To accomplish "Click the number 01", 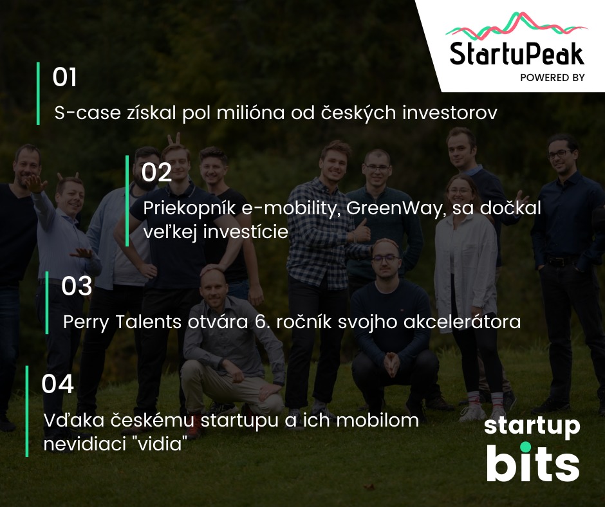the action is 64,77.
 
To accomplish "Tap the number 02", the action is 156,172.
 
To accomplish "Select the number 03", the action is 77,286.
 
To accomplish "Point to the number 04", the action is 57,384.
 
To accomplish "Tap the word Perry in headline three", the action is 86,322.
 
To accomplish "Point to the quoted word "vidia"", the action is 160,444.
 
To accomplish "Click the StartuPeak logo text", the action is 517,53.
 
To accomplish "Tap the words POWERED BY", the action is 552,78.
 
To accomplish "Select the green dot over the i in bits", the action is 526,447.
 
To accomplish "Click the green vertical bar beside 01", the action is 38,93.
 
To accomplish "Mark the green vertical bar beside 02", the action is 127,201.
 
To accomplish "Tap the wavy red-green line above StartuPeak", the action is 517,26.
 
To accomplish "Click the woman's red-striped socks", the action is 485,399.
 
